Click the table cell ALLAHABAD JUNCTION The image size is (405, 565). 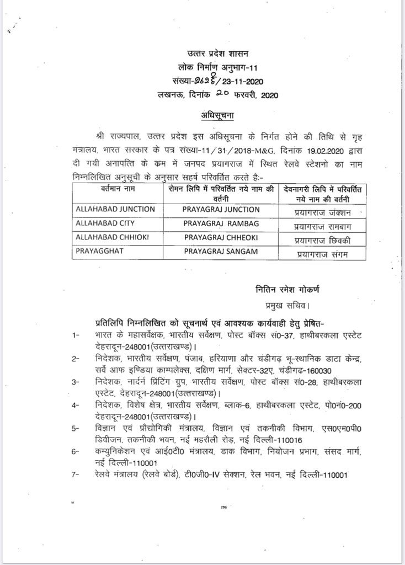[x=114, y=209]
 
